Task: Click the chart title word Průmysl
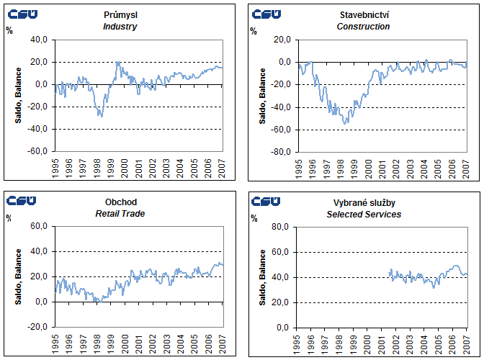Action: click(120, 15)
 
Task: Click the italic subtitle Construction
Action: click(363, 27)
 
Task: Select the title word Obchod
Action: click(120, 202)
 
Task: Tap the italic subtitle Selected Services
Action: click(363, 214)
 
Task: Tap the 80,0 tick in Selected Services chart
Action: click(282, 228)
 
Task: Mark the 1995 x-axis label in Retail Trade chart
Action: click(55, 343)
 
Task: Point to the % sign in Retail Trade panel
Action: click(9, 217)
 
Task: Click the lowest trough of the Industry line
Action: click(101, 116)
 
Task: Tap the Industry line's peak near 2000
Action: click(118, 63)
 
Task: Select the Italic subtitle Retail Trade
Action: click(120, 214)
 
